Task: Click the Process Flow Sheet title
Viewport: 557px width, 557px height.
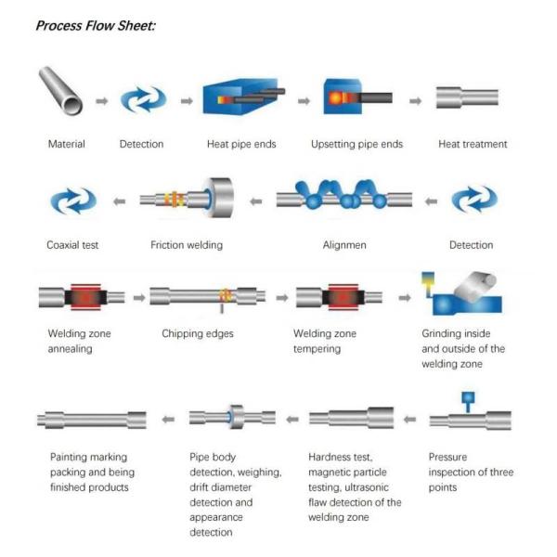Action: (96, 26)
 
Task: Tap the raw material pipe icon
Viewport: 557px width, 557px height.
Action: (60, 91)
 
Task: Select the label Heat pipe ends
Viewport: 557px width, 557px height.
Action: (241, 144)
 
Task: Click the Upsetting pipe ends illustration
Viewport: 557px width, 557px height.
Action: (357, 97)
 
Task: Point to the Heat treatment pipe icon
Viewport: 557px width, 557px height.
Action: (467, 97)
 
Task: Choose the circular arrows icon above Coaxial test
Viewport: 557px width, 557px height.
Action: (73, 201)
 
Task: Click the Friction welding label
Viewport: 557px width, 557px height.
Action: (187, 245)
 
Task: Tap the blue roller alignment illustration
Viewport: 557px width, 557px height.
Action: (343, 195)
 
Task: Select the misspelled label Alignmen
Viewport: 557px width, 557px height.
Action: (344, 245)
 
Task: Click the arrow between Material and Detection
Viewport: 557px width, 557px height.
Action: (102, 101)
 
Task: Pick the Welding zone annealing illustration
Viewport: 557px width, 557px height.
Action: (82, 297)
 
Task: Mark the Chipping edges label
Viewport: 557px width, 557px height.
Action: (198, 333)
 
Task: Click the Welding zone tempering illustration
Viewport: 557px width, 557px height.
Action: (339, 297)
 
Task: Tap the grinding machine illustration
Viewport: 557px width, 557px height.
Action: (461, 293)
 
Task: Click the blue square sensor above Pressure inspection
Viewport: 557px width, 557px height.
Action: (468, 397)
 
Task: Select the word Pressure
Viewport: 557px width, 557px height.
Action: (447, 457)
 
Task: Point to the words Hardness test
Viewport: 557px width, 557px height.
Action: (340, 457)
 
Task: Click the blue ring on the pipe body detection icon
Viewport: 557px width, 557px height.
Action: (229, 418)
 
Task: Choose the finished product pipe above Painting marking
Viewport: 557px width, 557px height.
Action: (92, 420)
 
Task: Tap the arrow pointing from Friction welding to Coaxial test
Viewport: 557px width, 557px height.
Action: (120, 201)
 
